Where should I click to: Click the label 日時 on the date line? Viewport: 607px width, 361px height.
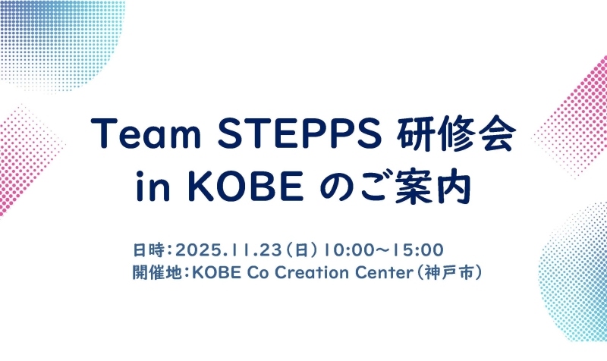[146, 249]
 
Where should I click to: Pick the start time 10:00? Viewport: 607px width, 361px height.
[345, 249]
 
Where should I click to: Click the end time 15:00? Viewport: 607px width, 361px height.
[418, 249]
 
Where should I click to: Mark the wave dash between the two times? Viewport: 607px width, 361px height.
[382, 249]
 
